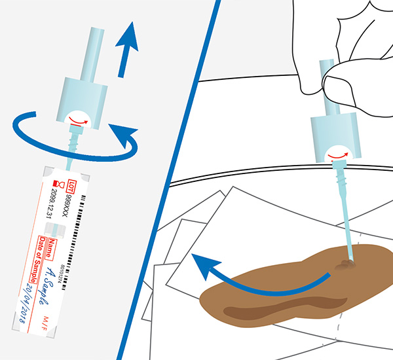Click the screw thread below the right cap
340,173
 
